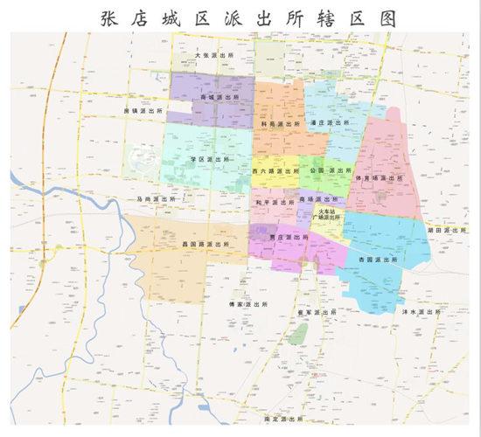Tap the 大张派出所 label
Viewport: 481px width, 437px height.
point(215,54)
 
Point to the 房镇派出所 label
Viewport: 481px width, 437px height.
point(144,112)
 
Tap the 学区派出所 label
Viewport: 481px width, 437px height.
point(211,160)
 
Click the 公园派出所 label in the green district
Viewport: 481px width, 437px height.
point(331,170)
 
